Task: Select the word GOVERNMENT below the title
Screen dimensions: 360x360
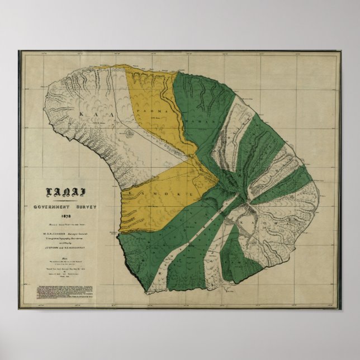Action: [x=52, y=206]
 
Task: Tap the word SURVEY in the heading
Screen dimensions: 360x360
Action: [x=86, y=206]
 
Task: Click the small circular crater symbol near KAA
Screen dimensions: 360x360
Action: [x=130, y=133]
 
